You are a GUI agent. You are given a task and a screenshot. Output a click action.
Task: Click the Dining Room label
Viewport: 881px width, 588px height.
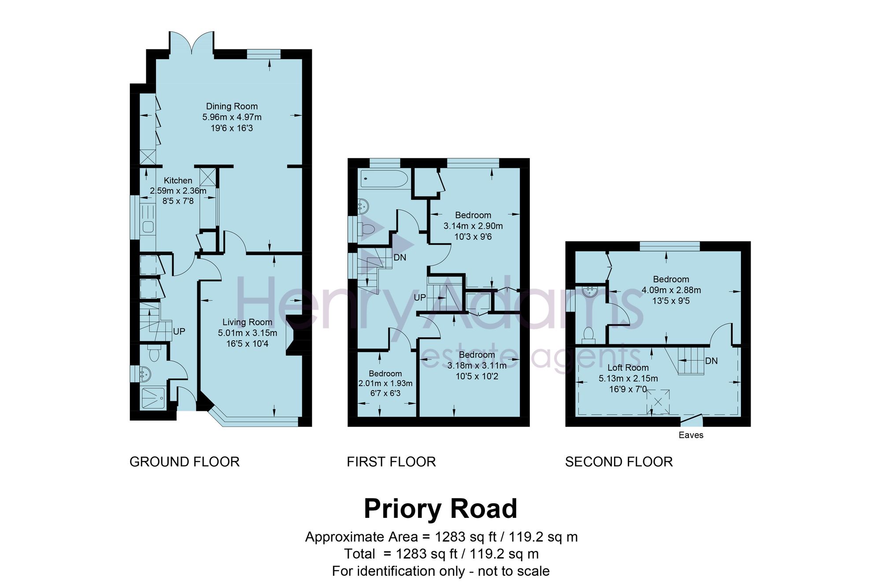coord(232,106)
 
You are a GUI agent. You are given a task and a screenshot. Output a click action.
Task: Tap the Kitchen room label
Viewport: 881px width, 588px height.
coord(178,180)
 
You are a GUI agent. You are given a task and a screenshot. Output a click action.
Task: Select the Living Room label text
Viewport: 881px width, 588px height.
coord(247,322)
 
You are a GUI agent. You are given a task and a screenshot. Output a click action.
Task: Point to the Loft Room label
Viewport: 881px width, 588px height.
coord(628,368)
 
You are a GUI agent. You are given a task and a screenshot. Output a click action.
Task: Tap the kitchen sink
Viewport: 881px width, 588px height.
coord(148,227)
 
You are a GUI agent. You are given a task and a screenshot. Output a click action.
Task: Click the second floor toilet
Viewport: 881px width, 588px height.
coord(588,335)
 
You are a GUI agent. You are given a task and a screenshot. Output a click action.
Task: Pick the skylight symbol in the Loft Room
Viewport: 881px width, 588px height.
coord(658,402)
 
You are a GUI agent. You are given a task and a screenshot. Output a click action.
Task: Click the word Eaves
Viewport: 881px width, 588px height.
coord(691,435)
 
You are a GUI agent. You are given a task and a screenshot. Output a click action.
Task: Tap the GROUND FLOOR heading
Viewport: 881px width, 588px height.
coord(185,462)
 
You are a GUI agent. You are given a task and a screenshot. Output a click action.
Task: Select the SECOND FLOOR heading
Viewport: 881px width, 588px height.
coord(619,462)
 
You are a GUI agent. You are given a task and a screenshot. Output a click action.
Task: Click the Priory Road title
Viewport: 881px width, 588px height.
coord(440,509)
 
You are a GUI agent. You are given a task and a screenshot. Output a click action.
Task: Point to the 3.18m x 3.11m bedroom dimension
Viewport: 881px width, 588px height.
coord(477,365)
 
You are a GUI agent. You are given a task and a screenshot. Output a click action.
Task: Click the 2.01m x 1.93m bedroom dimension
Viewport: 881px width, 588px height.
coord(385,383)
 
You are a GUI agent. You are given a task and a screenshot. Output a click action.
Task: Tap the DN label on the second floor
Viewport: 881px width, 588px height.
coord(711,361)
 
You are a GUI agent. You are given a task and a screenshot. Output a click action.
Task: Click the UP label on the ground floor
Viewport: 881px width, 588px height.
coord(179,331)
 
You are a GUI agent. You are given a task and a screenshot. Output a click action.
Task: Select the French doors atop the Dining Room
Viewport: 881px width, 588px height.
coord(192,43)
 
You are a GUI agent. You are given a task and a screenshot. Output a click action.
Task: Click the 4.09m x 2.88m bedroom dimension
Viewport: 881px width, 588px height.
coord(671,290)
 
